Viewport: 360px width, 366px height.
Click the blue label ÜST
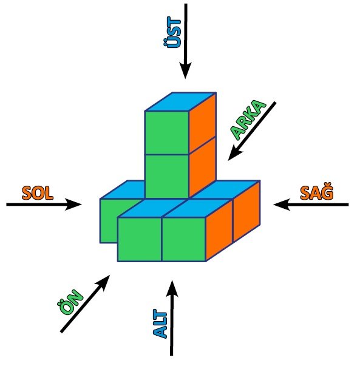click(x=172, y=32)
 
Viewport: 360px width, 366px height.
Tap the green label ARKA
click(x=248, y=120)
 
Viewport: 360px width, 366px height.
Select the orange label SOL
click(x=38, y=193)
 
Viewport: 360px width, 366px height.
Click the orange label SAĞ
click(x=316, y=193)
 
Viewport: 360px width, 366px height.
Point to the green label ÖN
click(x=70, y=302)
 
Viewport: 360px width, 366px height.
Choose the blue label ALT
click(x=160, y=324)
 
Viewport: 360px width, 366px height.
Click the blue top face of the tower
click(x=180, y=102)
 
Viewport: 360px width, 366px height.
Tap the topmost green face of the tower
click(x=167, y=132)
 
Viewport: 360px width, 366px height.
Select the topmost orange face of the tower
click(x=202, y=123)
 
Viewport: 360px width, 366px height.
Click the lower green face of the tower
click(x=167, y=176)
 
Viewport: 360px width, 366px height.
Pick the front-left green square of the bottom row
click(x=140, y=239)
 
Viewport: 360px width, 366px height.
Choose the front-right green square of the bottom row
click(x=184, y=239)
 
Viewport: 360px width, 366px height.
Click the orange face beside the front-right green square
click(x=219, y=230)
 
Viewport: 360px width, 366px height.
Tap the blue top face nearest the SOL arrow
click(x=123, y=189)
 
